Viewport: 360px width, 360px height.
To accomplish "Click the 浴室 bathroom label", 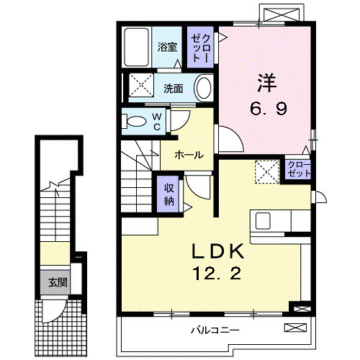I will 168,48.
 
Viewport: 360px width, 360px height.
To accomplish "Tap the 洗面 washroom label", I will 172,89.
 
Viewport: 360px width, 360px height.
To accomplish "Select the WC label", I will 157,122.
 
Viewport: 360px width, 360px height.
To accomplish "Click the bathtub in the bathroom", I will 136,48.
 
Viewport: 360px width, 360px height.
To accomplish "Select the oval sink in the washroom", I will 203,89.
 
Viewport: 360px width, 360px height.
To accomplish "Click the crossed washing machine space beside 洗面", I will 142,87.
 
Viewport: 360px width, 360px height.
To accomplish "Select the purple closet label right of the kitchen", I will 296,170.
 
